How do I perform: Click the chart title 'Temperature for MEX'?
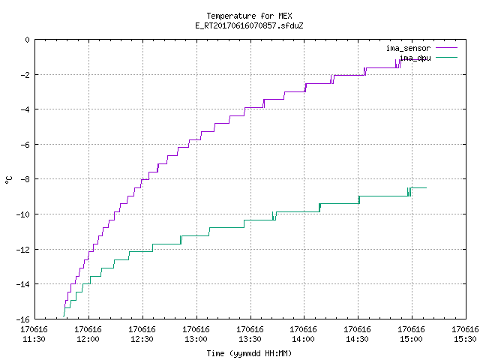pos(249,16)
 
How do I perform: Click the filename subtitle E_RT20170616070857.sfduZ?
pos(249,25)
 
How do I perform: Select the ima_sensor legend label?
pos(408,48)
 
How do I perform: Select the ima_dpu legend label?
pos(415,58)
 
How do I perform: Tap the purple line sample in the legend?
pos(447,48)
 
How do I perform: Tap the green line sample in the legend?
pos(447,57)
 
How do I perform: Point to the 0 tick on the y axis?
pos(28,40)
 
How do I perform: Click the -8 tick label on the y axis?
pos(25,179)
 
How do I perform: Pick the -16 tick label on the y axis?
pos(23,319)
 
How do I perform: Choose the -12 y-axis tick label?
pos(23,250)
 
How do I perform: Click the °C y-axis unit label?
pos(8,180)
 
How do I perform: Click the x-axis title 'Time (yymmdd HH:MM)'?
pos(249,353)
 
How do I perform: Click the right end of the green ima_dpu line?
pos(427,187)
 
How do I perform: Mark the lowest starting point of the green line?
pos(64,316)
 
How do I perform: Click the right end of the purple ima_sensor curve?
pos(413,59)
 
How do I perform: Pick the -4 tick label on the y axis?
pos(25,109)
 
